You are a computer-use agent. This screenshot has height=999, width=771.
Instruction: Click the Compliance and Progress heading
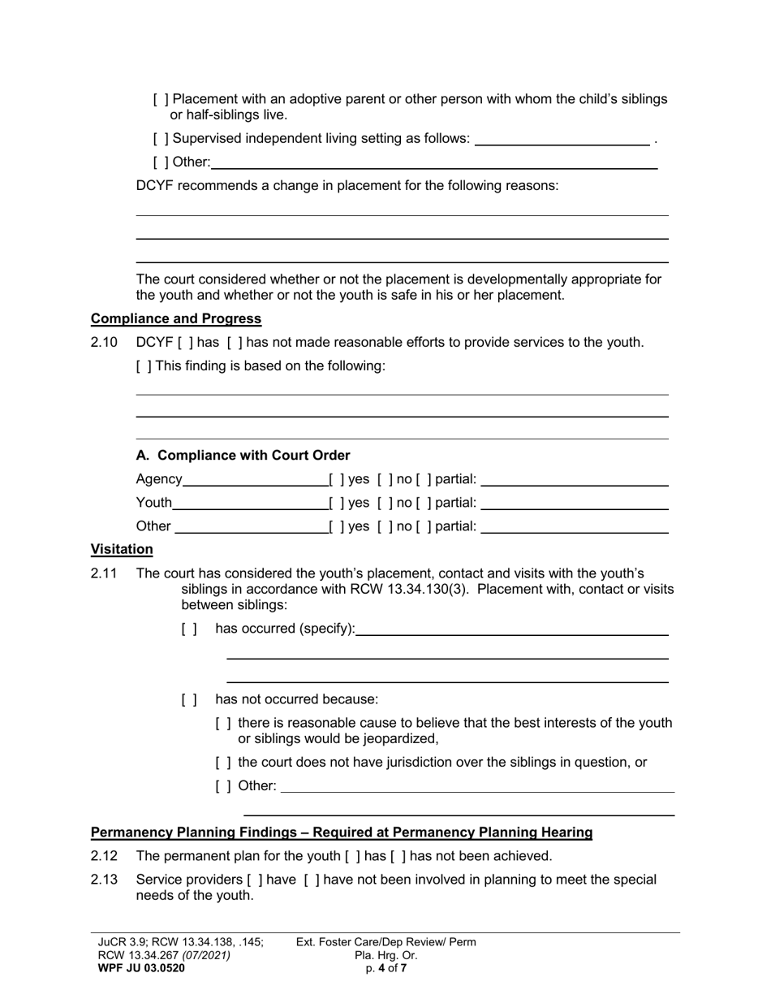tap(175, 318)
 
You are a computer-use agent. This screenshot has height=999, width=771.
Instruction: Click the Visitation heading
tap(122, 550)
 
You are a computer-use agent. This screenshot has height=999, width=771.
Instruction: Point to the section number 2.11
tap(104, 574)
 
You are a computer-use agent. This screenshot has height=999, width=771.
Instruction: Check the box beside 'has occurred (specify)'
tap(189, 629)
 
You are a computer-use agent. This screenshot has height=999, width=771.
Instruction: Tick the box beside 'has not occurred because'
tap(189, 700)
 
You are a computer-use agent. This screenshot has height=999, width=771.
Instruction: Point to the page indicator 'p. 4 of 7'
tap(386, 968)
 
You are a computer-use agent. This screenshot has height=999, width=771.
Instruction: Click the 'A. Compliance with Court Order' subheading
tap(243, 456)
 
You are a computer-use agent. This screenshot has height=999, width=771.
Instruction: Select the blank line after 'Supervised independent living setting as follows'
tap(562, 140)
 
